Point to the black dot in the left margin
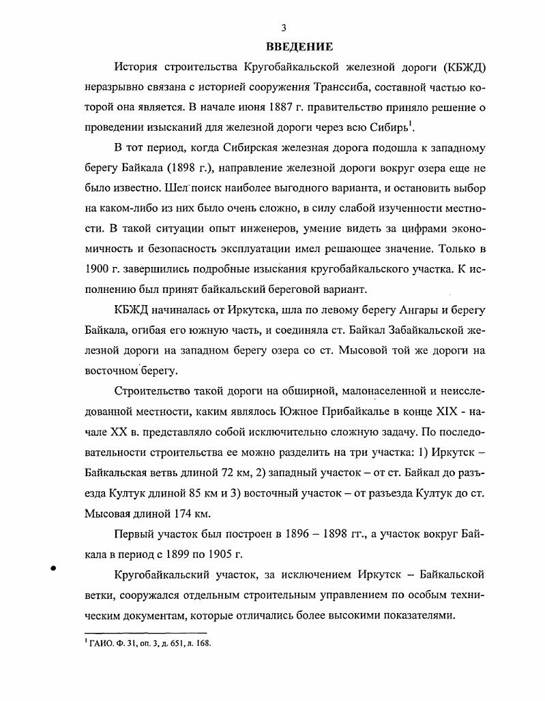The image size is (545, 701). [x=53, y=569]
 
